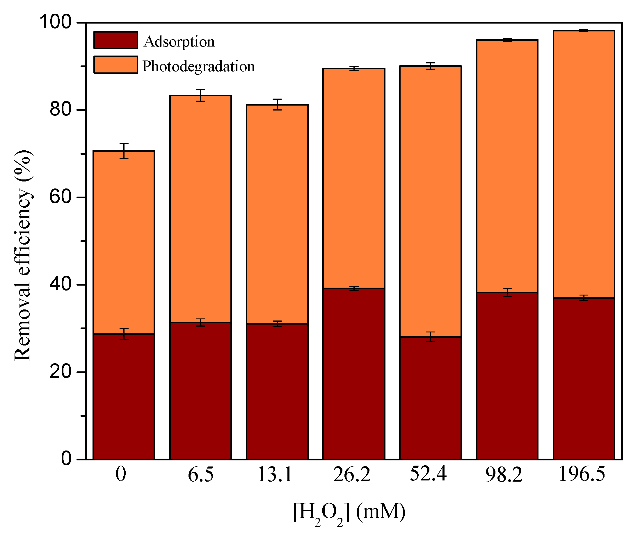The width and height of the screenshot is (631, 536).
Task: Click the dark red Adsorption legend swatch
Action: tap(115, 40)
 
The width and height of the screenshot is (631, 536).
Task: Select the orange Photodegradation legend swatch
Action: tap(115, 64)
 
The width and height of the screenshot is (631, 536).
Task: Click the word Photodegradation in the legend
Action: tap(198, 66)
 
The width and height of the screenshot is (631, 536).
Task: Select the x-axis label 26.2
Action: tap(352, 474)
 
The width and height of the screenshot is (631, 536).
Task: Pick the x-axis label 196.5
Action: tap(582, 474)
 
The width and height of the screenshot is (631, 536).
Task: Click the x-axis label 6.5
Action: tap(201, 474)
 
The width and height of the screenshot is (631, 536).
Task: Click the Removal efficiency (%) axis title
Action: tap(23, 255)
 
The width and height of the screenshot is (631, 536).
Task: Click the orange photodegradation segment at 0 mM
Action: tap(124, 243)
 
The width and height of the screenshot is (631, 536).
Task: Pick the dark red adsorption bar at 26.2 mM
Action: tap(354, 374)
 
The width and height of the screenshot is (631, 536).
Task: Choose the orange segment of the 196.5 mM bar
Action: tap(584, 164)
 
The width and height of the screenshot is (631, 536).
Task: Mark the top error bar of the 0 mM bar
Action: tap(124, 151)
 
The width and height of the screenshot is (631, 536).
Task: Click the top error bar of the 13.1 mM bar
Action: tap(277, 104)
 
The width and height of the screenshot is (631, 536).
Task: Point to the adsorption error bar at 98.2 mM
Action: tap(507, 292)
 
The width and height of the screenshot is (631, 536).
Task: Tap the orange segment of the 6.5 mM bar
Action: tap(200, 210)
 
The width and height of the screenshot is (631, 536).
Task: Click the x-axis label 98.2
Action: tap(504, 474)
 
